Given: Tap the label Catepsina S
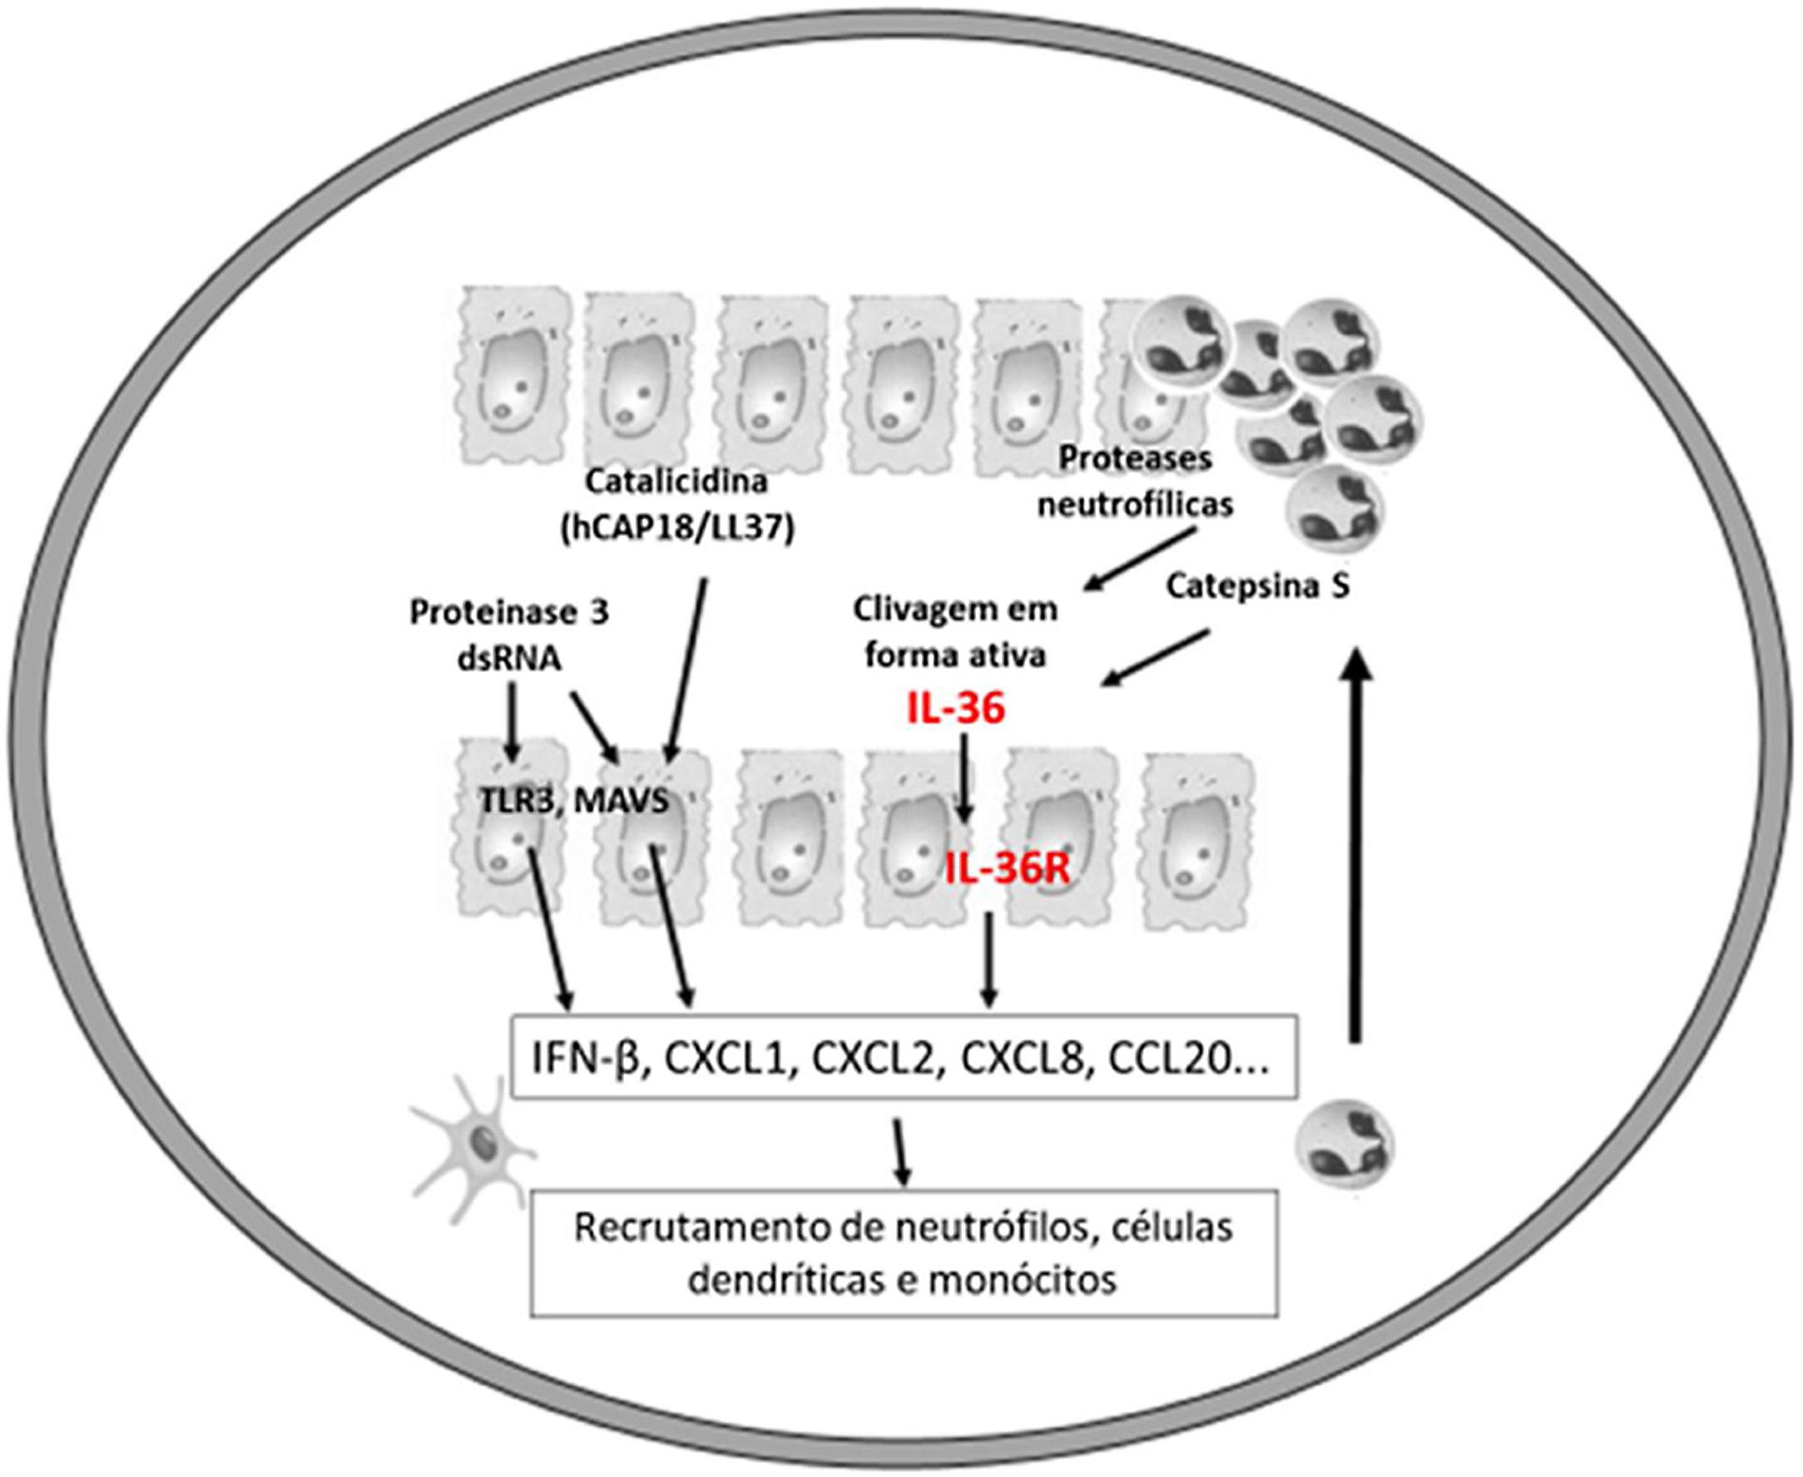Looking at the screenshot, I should tap(1257, 588).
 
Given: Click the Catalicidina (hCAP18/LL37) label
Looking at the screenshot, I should tap(676, 505).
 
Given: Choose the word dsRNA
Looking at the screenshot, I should tap(510, 658).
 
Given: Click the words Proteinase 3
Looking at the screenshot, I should tap(509, 614).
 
